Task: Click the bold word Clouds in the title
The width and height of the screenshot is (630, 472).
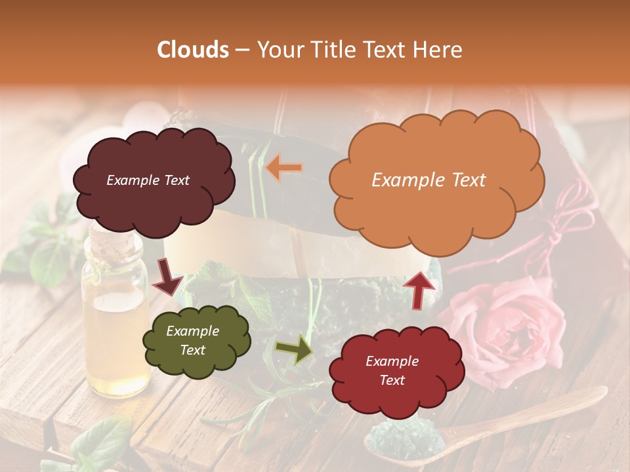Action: (x=193, y=50)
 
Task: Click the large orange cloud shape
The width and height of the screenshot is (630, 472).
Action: (x=436, y=197)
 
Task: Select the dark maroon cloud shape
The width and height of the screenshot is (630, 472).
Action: (x=154, y=203)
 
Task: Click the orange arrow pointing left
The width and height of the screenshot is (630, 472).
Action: (x=284, y=168)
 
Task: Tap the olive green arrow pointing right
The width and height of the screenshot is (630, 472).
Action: (x=294, y=349)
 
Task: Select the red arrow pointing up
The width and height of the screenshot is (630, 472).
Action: (x=419, y=288)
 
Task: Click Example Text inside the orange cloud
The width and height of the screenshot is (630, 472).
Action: (x=429, y=180)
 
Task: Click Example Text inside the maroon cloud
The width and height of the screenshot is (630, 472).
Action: (x=148, y=180)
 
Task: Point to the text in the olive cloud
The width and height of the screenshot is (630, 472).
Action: (x=193, y=341)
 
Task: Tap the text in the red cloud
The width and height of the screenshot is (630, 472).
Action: (x=392, y=370)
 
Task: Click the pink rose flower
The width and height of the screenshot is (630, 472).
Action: (x=509, y=328)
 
